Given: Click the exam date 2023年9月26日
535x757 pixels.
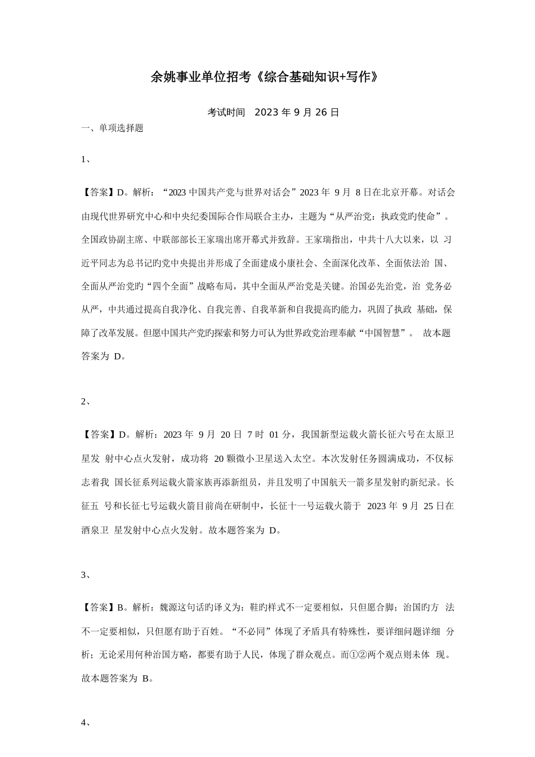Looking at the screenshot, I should tap(297, 112).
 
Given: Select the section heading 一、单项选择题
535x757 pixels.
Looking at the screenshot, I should tap(113, 128).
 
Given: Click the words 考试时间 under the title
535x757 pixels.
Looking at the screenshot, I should tap(226, 112).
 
